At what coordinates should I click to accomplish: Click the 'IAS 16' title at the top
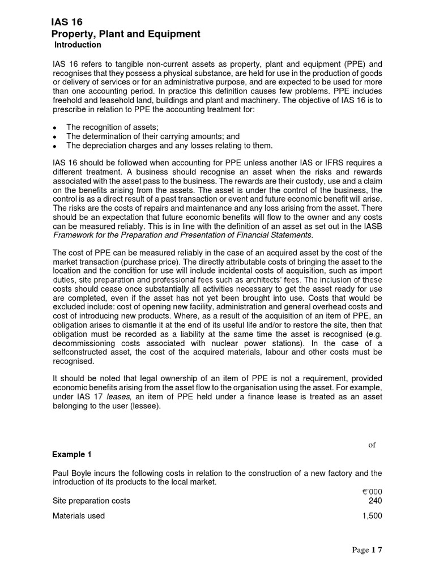coord(67,22)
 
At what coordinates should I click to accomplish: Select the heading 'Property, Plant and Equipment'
coord(125,34)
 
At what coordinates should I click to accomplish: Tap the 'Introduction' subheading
coord(78,45)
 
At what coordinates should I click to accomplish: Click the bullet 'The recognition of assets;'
coord(112,127)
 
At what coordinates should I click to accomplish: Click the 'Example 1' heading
coord(71,454)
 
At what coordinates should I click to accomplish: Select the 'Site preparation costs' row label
coord(91,501)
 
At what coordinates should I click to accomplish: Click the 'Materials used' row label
coord(79,515)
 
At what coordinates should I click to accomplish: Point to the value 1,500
coord(372,515)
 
